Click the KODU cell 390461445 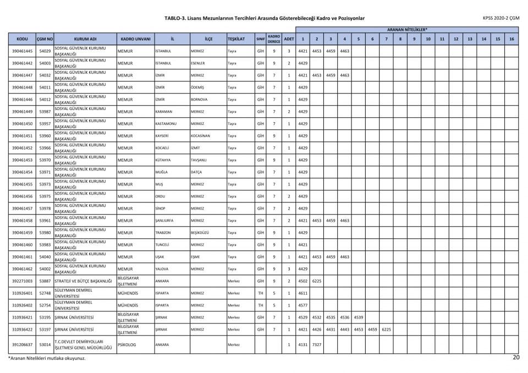[x=22, y=51]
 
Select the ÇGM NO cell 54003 [x=45, y=63]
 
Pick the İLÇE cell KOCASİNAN [x=200, y=136]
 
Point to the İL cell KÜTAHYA [x=163, y=160]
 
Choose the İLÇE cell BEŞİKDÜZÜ [x=200, y=233]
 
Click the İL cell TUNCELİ [x=163, y=245]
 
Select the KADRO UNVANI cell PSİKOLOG [x=127, y=345]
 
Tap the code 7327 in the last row [x=316, y=345]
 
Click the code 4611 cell [x=302, y=293]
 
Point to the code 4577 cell [x=302, y=305]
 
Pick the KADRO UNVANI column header [x=135, y=39]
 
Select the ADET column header [x=289, y=39]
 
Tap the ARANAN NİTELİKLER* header [x=407, y=29]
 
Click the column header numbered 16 [x=512, y=39]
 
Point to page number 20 [x=515, y=358]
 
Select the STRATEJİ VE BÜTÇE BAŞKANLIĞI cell [x=85, y=281]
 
